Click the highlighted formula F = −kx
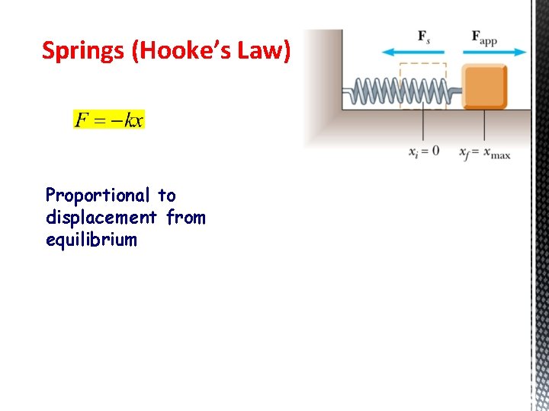pos(108,119)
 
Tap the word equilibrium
pos(91,240)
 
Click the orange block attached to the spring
pos(485,86)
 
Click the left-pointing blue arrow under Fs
pos(413,52)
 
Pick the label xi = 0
pos(424,151)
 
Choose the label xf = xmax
pos(485,152)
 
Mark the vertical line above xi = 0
pos(423,126)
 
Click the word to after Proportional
pos(166,196)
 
